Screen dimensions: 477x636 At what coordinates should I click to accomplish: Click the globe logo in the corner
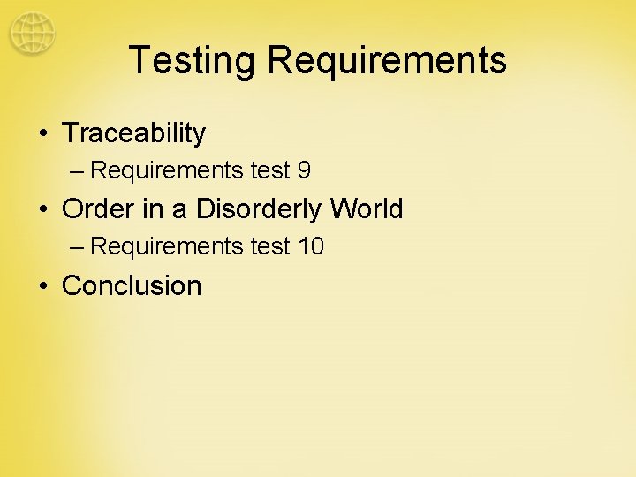33,34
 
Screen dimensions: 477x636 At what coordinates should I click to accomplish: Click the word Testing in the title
192,60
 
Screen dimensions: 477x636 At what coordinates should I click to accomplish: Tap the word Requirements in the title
387,60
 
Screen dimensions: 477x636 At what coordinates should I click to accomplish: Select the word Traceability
134,133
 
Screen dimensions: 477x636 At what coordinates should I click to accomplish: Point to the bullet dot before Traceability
43,134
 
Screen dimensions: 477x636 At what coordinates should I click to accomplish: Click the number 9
304,170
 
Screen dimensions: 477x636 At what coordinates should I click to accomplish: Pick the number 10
311,246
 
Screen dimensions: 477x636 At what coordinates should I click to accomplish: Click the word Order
97,209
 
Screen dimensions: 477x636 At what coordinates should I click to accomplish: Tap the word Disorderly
259,210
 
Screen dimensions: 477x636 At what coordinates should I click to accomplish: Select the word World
366,209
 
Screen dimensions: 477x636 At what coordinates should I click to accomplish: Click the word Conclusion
132,286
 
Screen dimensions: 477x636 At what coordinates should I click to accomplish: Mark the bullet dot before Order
43,210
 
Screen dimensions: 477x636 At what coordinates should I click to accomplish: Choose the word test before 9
270,170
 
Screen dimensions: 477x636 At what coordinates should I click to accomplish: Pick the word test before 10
270,246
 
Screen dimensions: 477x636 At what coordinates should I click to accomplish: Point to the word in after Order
150,209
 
